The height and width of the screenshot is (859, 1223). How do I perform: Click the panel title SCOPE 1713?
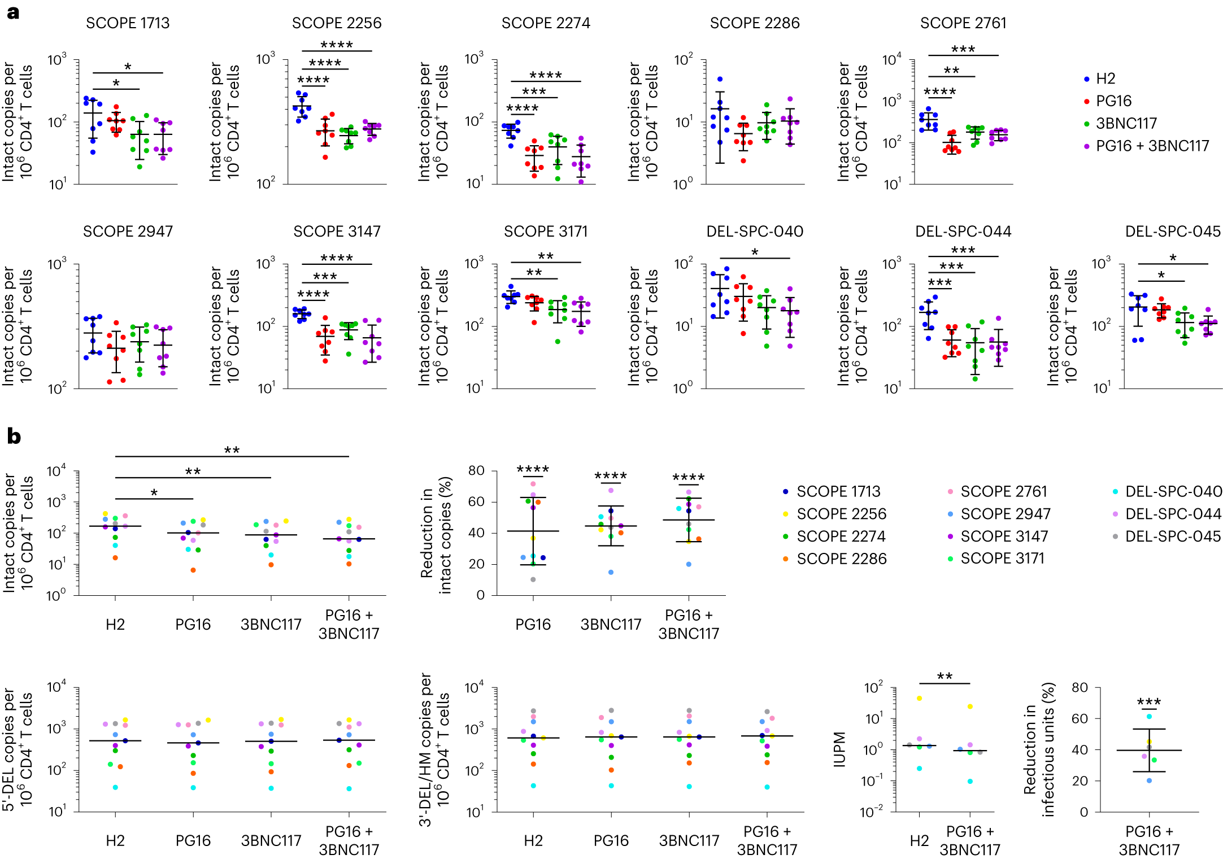coord(128,23)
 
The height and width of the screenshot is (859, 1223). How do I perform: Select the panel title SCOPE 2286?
coord(755,23)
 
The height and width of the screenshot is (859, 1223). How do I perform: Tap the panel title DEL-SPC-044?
coord(963,232)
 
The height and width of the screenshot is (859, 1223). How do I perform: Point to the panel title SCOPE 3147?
coord(337,232)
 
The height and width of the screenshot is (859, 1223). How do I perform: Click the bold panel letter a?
coord(13,12)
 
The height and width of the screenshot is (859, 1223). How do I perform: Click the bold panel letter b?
coord(14,437)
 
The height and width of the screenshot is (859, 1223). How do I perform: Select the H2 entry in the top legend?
coord(1106,79)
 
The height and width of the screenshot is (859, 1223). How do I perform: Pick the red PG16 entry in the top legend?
coord(1113,101)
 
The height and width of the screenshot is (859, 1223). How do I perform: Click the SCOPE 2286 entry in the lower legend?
coord(841,559)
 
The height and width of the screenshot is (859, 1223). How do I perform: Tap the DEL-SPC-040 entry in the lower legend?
coord(1173,491)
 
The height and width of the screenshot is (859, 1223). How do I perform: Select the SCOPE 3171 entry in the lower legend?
coord(1002,559)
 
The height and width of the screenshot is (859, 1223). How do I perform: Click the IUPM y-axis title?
coord(840,749)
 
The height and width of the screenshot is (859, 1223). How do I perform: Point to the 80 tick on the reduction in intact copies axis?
coord(476,470)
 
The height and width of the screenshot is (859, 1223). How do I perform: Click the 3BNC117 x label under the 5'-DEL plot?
coord(271,840)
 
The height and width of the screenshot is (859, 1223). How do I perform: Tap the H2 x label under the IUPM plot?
coord(919,841)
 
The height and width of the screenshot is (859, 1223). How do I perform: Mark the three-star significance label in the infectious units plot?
coord(1149,703)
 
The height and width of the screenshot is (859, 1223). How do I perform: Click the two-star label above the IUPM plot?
coord(945,677)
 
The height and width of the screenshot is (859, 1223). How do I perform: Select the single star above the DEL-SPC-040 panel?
coord(755,252)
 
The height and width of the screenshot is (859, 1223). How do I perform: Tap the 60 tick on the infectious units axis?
coord(1080,718)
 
